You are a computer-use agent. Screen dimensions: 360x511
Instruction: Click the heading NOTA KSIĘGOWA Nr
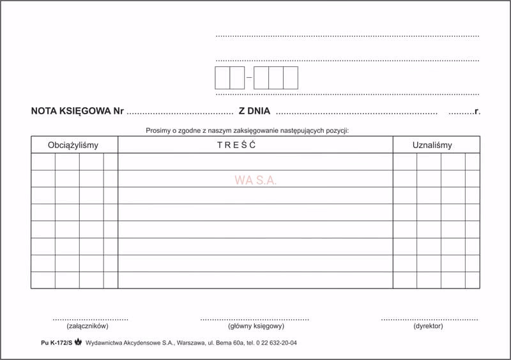(77, 111)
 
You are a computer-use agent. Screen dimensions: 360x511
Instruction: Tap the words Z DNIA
(254, 111)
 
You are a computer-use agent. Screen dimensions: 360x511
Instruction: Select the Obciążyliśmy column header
(73, 145)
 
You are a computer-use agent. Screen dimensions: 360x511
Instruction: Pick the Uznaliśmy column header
(432, 145)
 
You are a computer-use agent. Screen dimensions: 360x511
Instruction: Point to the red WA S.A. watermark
(256, 181)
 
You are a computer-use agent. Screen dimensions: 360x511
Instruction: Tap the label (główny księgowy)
(256, 326)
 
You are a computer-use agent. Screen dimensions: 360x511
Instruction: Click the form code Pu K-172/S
(56, 343)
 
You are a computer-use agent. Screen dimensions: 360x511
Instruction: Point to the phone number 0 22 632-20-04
(275, 343)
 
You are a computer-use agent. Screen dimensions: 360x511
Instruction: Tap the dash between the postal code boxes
(249, 78)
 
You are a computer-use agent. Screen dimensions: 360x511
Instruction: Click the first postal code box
(222, 78)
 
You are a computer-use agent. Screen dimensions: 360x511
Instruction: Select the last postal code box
(291, 78)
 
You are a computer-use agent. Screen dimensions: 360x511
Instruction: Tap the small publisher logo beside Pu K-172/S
(78, 342)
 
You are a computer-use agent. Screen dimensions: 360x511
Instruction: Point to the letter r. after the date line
(477, 111)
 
